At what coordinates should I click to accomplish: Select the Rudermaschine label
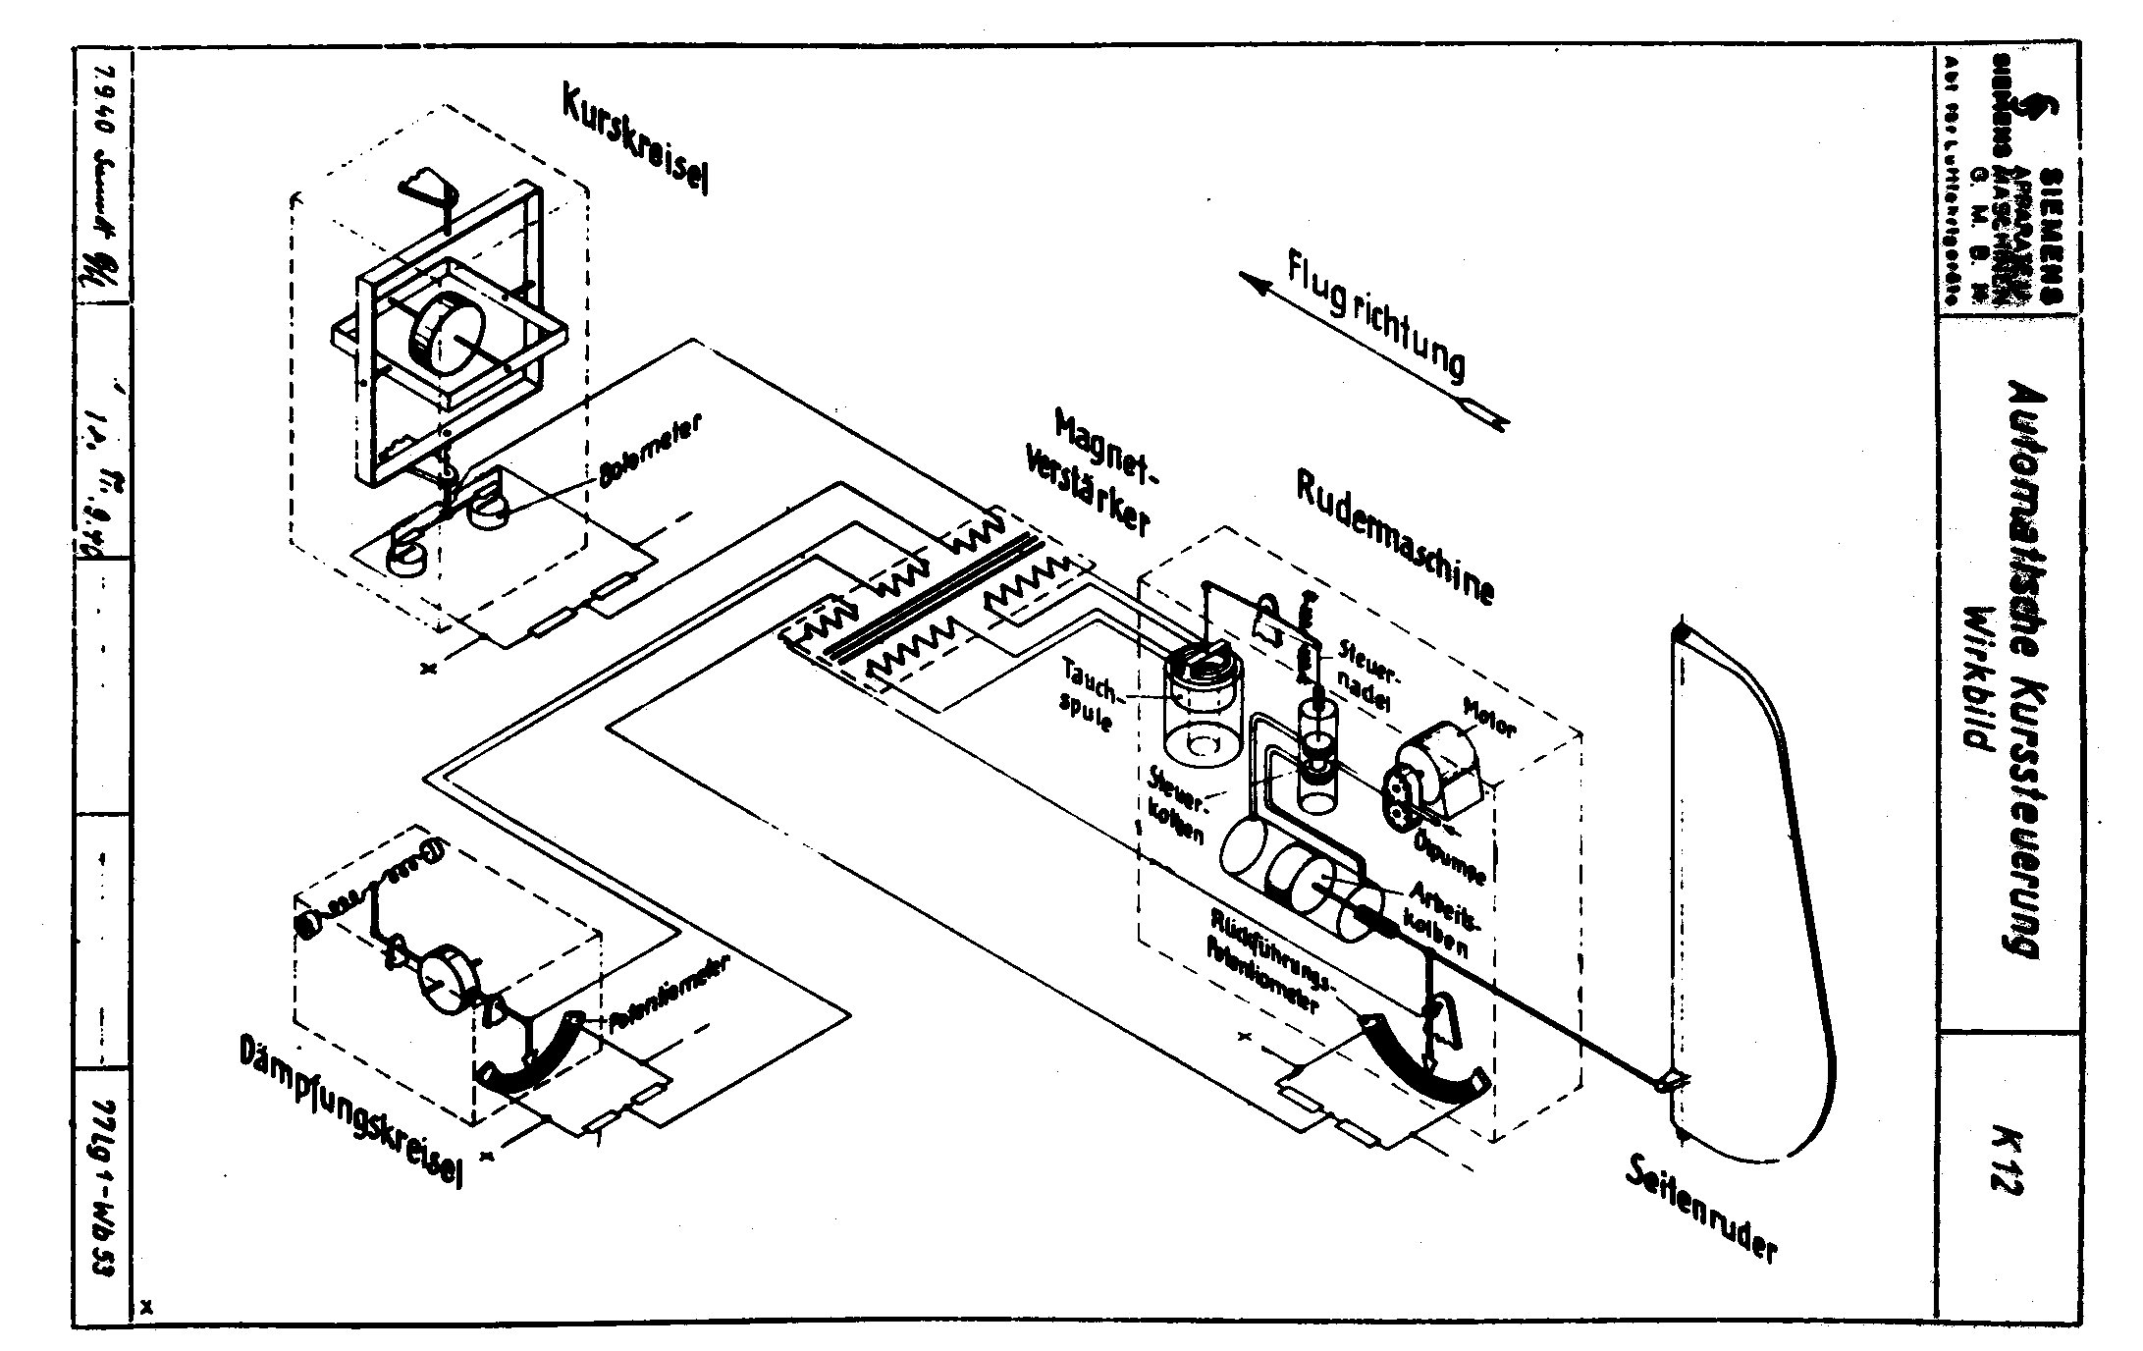(x=1394, y=536)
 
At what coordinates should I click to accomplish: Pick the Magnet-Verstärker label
(x=1090, y=471)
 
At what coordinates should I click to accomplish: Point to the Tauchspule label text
(x=1089, y=693)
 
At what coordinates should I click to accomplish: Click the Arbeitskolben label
(x=1443, y=918)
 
